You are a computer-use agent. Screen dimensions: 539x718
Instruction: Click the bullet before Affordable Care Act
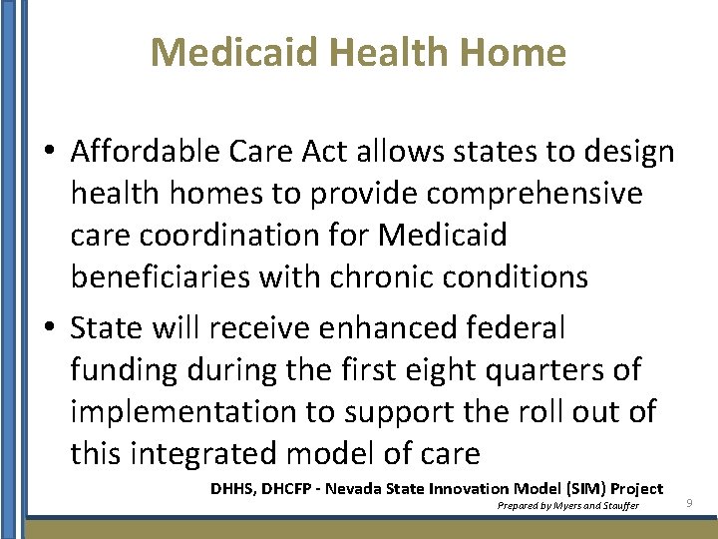coord(49,153)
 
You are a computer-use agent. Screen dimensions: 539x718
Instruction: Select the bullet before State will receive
coord(49,328)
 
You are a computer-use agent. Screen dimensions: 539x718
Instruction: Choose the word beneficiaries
coord(160,277)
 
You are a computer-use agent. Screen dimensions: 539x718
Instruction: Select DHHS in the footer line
coord(232,488)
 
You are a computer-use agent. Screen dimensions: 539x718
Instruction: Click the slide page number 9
coord(688,505)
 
